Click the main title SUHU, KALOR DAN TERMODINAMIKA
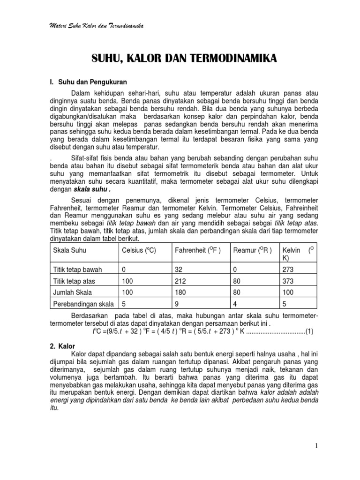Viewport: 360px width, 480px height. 183,59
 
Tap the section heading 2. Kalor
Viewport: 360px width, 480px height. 59,346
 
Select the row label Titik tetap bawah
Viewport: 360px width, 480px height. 78,270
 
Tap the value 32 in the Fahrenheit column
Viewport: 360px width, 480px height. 178,270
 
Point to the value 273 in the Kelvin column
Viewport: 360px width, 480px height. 289,270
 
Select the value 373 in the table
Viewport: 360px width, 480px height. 289,281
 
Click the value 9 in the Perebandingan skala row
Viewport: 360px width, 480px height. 177,303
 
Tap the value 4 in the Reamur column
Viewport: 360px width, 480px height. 235,303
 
